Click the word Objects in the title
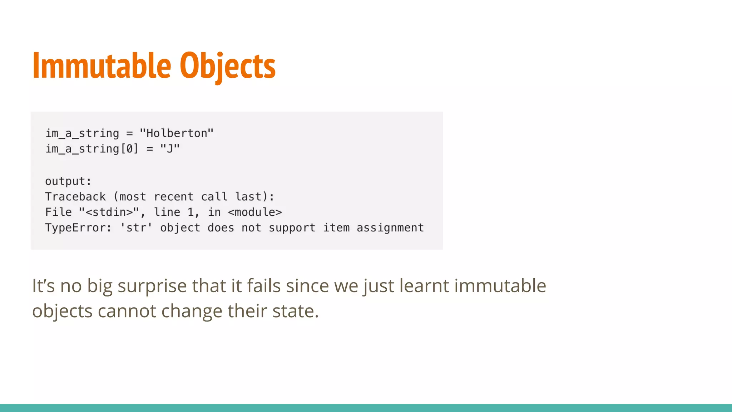(227, 66)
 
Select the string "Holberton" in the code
(177, 133)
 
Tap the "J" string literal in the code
(170, 149)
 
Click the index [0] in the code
(129, 149)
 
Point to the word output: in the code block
(68, 181)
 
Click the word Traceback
(75, 197)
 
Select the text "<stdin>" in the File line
(109, 212)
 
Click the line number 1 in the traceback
(191, 212)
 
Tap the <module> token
(255, 212)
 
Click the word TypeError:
(78, 228)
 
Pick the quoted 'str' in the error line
(136, 228)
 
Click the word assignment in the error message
(390, 228)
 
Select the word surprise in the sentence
(152, 286)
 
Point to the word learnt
(424, 286)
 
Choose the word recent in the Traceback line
(173, 197)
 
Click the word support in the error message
(292, 228)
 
